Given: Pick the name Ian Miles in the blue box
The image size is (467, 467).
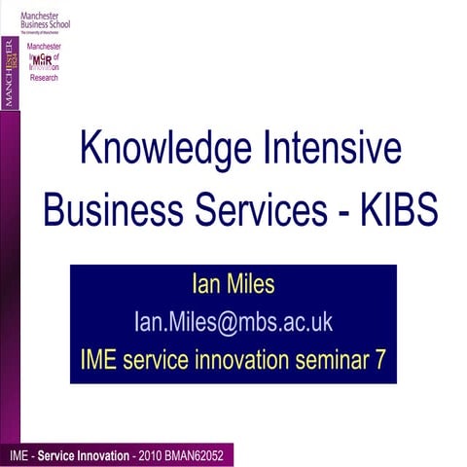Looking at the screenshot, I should coord(233,286).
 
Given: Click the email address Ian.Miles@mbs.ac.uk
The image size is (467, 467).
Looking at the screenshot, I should coord(233,322).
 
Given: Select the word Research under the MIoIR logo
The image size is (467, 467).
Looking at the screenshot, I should coord(43,78).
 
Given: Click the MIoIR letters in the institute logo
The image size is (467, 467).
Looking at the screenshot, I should coord(43,60).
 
